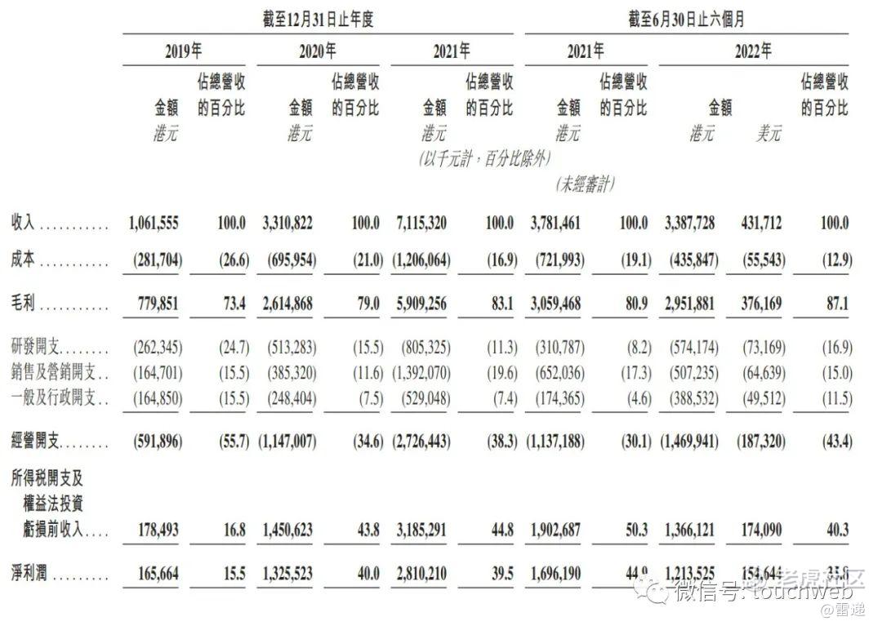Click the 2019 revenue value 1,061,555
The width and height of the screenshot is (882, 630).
(x=154, y=223)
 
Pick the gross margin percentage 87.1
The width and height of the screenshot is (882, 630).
(x=837, y=304)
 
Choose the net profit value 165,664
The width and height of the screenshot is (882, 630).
(x=154, y=574)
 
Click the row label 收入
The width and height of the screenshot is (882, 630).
(x=22, y=223)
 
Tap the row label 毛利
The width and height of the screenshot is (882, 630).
(x=22, y=304)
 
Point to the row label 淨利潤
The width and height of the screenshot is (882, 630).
(x=29, y=574)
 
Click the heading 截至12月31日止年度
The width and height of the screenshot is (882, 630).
(x=318, y=19)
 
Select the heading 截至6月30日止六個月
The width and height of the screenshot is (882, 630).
(x=686, y=19)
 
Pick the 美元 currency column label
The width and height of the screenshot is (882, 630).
(x=768, y=134)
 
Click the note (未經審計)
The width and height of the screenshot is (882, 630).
(x=584, y=184)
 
